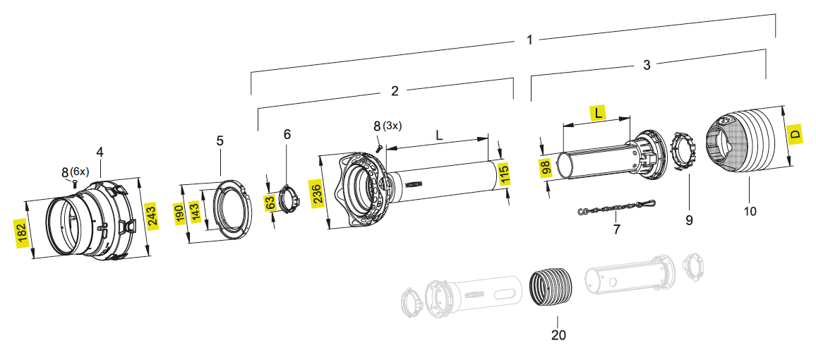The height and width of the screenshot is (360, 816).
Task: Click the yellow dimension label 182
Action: point(21,232)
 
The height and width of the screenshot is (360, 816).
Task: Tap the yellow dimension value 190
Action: point(180,214)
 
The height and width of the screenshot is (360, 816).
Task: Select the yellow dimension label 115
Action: point(504,174)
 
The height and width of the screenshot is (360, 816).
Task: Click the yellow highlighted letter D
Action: point(796,134)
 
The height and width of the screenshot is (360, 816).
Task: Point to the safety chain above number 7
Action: point(616,208)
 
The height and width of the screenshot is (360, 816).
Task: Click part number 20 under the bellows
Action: point(558,335)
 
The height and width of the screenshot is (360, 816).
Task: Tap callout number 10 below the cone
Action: point(750,210)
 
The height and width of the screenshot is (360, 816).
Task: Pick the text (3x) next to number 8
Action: point(392,126)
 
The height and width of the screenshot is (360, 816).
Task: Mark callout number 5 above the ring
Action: point(220,140)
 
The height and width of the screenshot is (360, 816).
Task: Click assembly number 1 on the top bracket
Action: point(530,40)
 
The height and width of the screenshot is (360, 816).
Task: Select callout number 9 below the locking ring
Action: point(689,220)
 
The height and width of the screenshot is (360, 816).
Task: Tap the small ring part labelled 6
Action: point(288,198)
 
